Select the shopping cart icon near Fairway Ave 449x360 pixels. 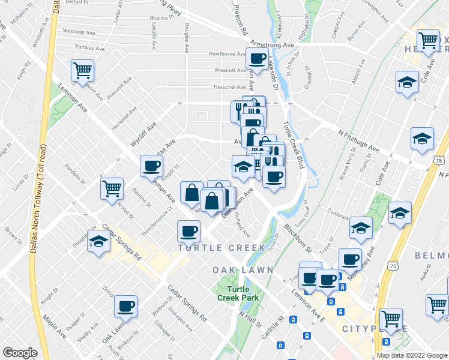pos(82,70)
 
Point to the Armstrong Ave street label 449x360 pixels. pos(273,45)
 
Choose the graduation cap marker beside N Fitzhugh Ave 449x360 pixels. pos(422,139)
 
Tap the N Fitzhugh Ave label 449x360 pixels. pos(358,141)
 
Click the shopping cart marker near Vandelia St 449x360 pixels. pos(112,188)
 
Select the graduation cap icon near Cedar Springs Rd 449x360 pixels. pos(98,241)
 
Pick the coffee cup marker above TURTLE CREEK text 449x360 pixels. pos(188,230)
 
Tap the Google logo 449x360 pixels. pos(19,353)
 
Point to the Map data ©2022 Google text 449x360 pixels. pos(412,355)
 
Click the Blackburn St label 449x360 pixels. pos(297,238)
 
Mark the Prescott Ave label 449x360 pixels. pos(231,70)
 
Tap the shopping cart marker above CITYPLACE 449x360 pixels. pos(391,317)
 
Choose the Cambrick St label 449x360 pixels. pos(338,214)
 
